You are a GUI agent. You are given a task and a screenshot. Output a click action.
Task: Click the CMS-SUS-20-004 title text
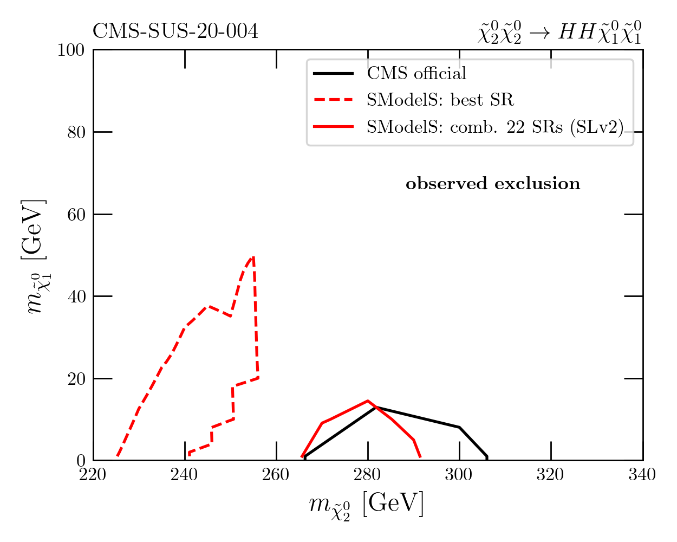click(x=175, y=32)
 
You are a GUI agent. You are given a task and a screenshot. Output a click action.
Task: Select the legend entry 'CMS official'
click(x=416, y=73)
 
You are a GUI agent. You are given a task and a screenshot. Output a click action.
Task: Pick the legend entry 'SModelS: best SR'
click(x=440, y=100)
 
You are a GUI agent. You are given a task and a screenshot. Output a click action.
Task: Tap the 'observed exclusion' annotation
click(x=493, y=184)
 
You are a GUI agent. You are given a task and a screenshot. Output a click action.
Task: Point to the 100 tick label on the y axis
click(x=71, y=50)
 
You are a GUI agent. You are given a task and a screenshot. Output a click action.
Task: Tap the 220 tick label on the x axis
click(x=94, y=475)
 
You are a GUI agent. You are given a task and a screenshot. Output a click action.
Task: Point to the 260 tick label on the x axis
click(x=276, y=475)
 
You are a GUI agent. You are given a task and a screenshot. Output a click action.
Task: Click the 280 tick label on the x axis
click(x=368, y=475)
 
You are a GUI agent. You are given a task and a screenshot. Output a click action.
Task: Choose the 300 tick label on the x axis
click(x=459, y=475)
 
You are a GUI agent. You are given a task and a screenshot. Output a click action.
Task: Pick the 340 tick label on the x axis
click(x=642, y=475)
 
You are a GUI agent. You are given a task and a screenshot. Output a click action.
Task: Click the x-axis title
click(x=367, y=505)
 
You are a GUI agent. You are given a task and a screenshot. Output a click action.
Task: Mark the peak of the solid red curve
click(x=368, y=401)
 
